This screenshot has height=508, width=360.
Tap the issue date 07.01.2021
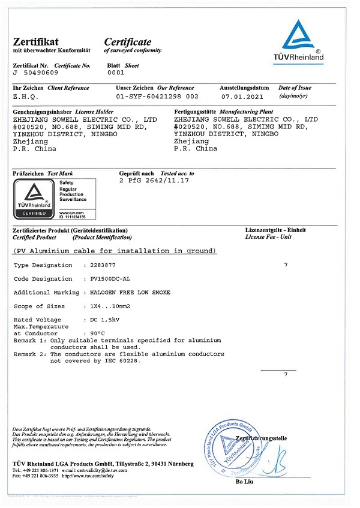242,96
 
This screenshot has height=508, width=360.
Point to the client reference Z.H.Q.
26,96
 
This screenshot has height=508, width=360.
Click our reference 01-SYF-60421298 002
157,96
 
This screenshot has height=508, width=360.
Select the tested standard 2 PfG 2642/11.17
155,181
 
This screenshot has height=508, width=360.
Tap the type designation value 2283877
100,264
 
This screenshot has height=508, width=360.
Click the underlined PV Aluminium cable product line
115,250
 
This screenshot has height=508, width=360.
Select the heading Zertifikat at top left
35,42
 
